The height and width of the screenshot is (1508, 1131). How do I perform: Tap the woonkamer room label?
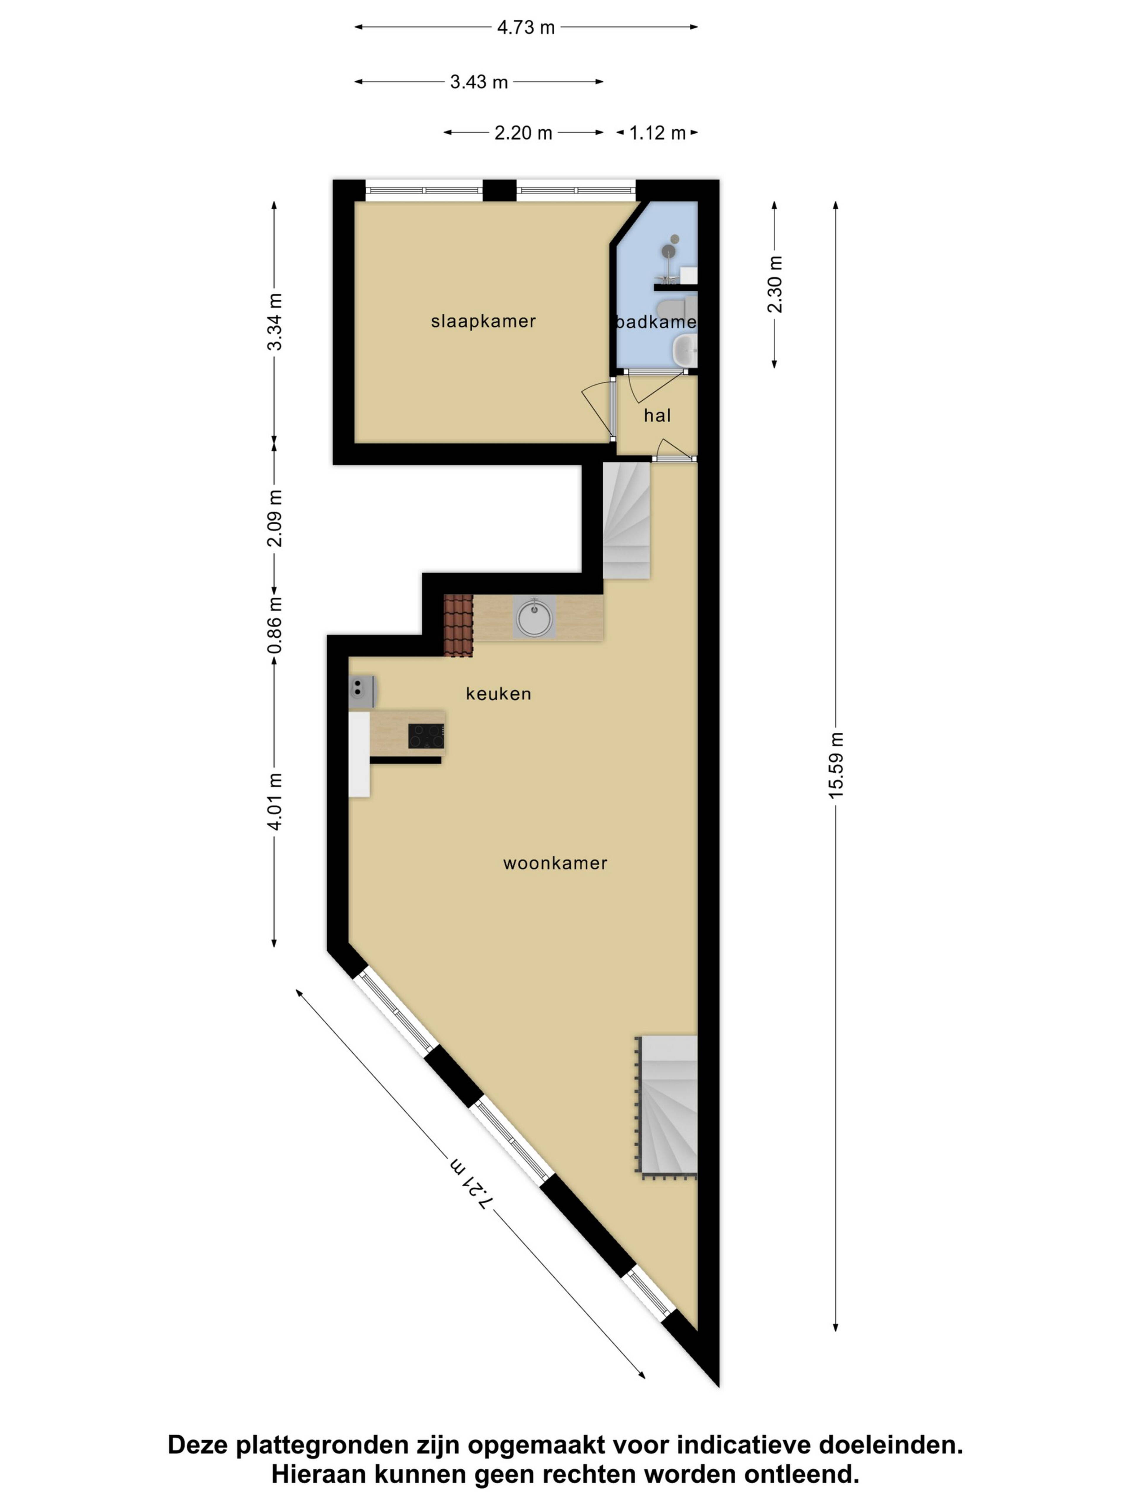(555, 863)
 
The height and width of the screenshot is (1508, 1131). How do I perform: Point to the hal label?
(657, 415)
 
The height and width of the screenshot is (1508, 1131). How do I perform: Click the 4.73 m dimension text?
(526, 27)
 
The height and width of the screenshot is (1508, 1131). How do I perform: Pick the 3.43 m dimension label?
(479, 82)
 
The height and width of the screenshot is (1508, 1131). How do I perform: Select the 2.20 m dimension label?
(523, 132)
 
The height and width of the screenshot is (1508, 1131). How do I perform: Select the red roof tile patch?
(458, 625)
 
